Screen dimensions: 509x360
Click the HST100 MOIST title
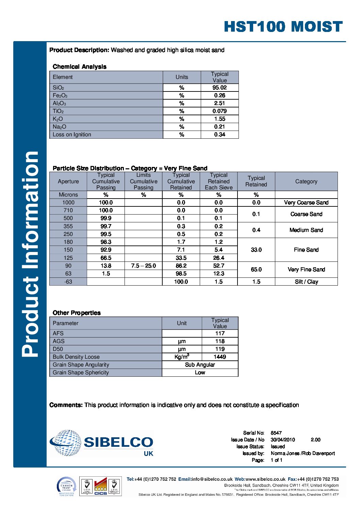pyautogui.click(x=283, y=27)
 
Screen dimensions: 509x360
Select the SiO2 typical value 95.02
pyautogui.click(x=219, y=87)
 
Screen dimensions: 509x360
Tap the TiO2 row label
pyautogui.click(x=58, y=111)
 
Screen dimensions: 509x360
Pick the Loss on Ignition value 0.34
pyautogui.click(x=219, y=135)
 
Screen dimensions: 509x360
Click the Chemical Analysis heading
pyautogui.click(x=79, y=67)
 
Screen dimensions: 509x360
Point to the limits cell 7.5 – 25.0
pyautogui.click(x=143, y=266)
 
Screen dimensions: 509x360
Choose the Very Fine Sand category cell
pyautogui.click(x=306, y=270)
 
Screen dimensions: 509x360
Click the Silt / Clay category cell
pyautogui.click(x=306, y=282)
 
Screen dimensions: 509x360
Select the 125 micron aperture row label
pyautogui.click(x=68, y=258)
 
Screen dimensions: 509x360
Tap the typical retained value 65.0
pyautogui.click(x=256, y=270)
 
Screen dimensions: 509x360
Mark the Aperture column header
pyautogui.click(x=68, y=182)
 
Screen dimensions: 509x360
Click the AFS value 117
pyautogui.click(x=220, y=334)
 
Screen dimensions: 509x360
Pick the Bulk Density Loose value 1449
pyautogui.click(x=220, y=357)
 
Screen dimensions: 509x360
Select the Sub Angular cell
pyautogui.click(x=200, y=365)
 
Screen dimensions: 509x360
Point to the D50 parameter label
pyautogui.click(x=58, y=349)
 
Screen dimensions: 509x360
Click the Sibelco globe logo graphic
pyautogui.click(x=66, y=442)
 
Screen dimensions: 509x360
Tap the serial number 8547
pyautogui.click(x=276, y=433)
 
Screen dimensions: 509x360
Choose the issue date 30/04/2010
pyautogui.click(x=282, y=440)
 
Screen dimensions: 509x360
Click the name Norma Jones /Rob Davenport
pyautogui.click(x=302, y=453)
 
